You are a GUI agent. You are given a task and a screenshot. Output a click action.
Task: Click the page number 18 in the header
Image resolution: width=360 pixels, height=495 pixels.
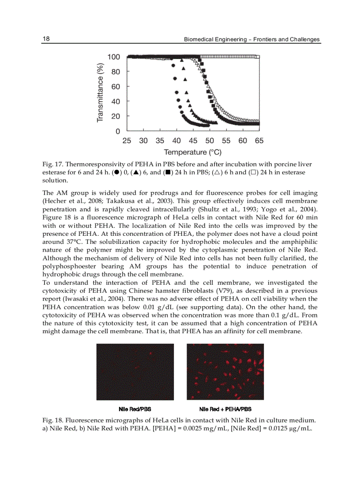(x=46, y=39)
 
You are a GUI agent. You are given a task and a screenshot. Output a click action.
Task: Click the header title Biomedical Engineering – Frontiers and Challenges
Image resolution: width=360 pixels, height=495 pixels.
(x=251, y=40)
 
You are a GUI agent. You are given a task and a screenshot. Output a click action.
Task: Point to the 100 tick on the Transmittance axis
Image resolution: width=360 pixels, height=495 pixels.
(x=114, y=57)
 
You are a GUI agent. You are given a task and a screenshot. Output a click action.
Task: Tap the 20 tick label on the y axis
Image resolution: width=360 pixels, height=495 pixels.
(x=116, y=116)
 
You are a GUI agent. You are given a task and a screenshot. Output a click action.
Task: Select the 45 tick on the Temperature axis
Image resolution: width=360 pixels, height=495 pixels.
(x=193, y=141)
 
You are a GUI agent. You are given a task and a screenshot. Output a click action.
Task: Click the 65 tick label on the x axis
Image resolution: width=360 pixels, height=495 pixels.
(x=259, y=141)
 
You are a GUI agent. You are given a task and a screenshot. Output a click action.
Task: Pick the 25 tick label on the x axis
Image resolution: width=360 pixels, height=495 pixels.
(x=127, y=141)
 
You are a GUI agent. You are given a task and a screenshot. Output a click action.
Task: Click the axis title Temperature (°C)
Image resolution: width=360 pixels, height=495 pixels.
(x=193, y=153)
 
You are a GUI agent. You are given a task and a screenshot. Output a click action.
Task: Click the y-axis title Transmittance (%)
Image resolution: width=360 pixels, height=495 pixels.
(x=100, y=93)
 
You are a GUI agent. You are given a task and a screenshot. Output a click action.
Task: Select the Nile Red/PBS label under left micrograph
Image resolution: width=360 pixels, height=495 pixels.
(x=135, y=409)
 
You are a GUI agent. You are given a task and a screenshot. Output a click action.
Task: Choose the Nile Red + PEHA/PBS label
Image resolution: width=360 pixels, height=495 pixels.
(x=225, y=409)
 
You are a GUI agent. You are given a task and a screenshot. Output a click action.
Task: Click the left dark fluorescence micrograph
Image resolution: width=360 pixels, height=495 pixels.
(x=135, y=372)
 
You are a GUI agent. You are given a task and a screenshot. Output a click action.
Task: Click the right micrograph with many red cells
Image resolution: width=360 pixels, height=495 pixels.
(x=225, y=372)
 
